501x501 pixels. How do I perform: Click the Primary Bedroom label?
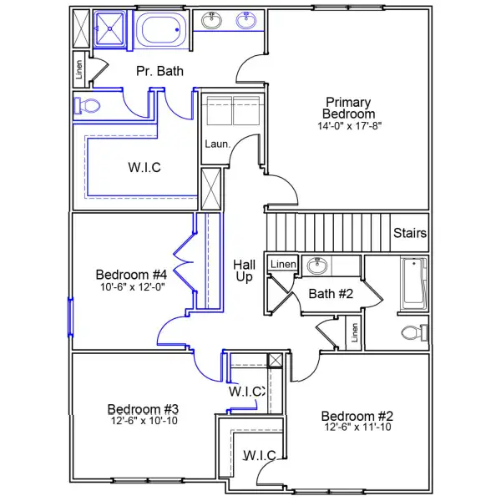pos(350,108)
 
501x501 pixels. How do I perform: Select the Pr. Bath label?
pos(159,71)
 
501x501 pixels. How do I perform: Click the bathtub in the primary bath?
pos(162,32)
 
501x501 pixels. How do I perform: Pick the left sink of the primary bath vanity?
pos(212,21)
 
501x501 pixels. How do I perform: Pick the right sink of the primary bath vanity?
pos(246,21)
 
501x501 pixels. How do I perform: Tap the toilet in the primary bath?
pos(87,106)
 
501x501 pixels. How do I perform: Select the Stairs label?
pos(410,233)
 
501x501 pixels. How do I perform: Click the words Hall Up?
pos(243,270)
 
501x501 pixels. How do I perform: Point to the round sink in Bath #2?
pos(316,266)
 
